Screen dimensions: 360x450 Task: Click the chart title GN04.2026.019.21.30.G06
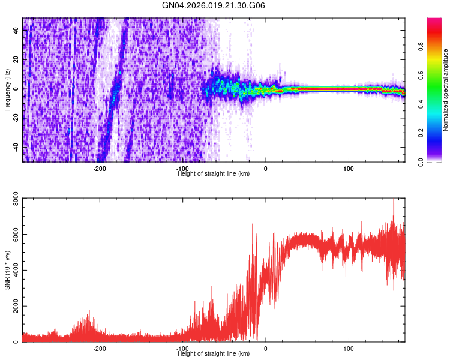pyautogui.click(x=214, y=5)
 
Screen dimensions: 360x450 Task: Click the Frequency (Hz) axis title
pyautogui.click(x=7, y=89)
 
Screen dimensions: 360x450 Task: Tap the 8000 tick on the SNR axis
pyautogui.click(x=13, y=198)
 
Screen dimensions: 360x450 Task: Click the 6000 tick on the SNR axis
pyautogui.click(x=13, y=234)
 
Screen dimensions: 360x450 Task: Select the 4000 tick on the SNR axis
pyautogui.click(x=13, y=270)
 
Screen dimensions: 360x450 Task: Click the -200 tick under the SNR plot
pyautogui.click(x=100, y=348)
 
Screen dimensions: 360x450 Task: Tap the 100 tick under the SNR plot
pyautogui.click(x=349, y=348)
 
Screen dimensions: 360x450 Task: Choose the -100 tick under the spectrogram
pyautogui.click(x=182, y=169)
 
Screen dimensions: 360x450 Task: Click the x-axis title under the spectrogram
pyautogui.click(x=214, y=173)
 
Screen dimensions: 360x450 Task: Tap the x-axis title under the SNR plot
pyautogui.click(x=214, y=353)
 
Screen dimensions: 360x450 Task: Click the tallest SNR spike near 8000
pyautogui.click(x=394, y=200)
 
